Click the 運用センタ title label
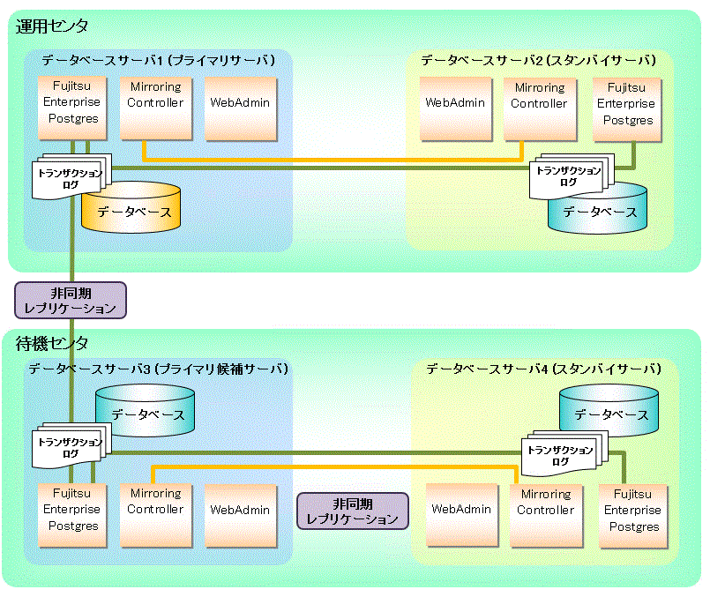(52, 26)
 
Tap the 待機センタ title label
(52, 344)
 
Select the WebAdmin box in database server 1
(241, 108)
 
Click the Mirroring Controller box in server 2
(540, 109)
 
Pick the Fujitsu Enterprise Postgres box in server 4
(633, 517)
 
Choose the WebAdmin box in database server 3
(241, 516)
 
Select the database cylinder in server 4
(609, 410)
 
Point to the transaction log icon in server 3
(71, 445)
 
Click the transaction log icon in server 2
(571, 176)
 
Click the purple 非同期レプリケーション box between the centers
(71, 301)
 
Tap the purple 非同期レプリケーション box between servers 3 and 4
(353, 511)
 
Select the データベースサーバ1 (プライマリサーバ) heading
(159, 60)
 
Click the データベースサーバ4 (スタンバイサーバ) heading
(544, 369)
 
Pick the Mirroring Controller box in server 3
(156, 516)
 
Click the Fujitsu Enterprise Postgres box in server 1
(72, 108)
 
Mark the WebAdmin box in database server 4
(462, 516)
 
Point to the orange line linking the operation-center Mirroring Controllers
(333, 160)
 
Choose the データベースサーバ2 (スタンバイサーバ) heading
(539, 60)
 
